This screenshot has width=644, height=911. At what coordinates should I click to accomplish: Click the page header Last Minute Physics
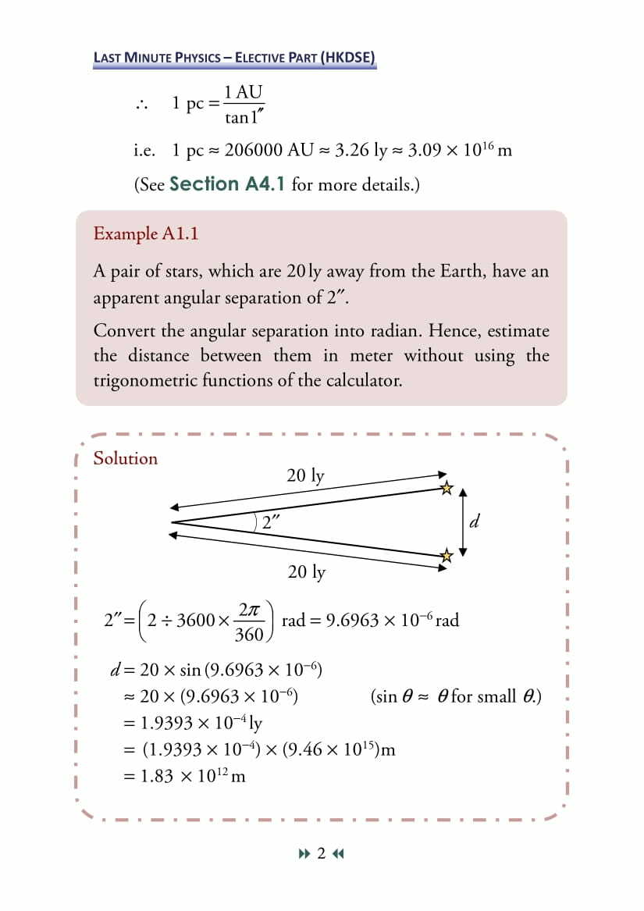pos(234,57)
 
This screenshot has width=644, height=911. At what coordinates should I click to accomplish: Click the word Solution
pos(125,458)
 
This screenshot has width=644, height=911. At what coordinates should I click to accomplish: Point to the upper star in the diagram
pos(447,489)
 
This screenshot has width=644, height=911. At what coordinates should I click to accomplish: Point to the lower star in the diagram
pos(447,556)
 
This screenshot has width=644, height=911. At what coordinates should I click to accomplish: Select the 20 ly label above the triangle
pos(305,475)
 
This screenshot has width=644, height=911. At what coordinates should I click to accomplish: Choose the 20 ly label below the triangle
pos(306,572)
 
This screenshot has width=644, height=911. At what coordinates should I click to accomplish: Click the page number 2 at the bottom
pos(321,853)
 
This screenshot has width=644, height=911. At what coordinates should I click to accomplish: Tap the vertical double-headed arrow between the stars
pos(463,522)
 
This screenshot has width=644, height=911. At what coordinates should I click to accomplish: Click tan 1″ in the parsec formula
pos(243,118)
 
